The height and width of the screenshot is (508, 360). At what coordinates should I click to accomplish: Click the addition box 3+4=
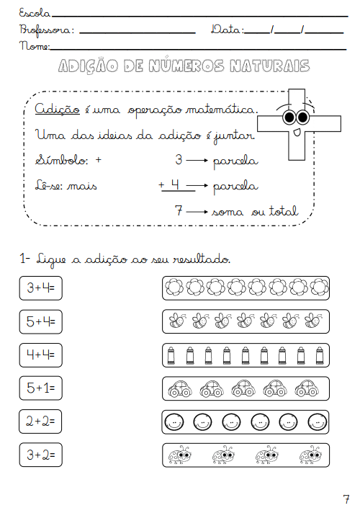(41, 288)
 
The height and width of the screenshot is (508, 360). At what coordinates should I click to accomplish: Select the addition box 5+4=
(41, 321)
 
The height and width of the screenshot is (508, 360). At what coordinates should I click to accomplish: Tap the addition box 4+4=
(41, 355)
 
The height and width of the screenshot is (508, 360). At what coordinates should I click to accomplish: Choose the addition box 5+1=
(41, 388)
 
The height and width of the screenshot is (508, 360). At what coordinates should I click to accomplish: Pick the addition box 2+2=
(40, 422)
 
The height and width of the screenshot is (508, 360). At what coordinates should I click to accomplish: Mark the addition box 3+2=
(41, 455)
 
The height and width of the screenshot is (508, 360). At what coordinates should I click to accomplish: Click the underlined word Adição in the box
(58, 109)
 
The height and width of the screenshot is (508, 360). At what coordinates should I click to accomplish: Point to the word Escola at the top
(35, 13)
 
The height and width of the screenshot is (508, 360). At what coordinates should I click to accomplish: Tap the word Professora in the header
(46, 30)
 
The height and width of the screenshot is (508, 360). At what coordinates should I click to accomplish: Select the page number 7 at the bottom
(346, 499)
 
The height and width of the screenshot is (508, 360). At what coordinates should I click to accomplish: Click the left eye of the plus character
(289, 117)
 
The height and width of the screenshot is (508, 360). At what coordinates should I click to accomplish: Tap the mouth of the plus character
(297, 133)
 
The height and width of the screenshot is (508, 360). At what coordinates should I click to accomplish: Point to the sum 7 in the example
(179, 210)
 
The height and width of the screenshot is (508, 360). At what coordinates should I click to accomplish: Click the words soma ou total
(255, 211)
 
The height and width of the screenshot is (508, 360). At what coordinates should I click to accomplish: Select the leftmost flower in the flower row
(174, 287)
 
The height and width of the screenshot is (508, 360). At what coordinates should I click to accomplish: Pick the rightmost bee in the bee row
(313, 321)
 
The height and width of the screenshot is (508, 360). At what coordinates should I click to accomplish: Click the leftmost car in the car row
(180, 388)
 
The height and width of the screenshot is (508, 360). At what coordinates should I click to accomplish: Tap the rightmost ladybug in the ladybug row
(310, 455)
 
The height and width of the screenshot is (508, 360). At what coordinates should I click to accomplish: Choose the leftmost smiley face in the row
(174, 422)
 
